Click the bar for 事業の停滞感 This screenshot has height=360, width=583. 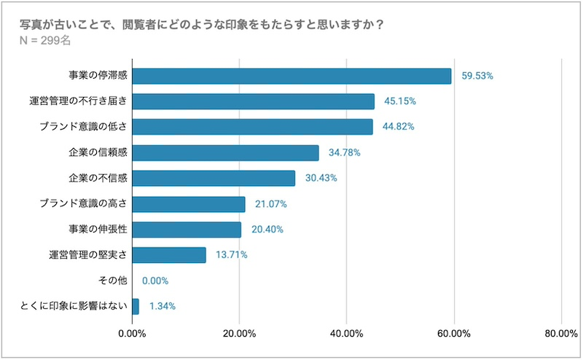pos(291,76)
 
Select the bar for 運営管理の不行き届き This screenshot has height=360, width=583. pos(253,101)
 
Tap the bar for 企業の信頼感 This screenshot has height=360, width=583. pos(225,152)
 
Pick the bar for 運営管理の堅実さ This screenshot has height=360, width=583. pos(168,254)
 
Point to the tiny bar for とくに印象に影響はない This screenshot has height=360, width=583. pos(135,306)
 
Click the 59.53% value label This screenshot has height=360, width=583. pos(479,76)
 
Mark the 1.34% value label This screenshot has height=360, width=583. pos(163,306)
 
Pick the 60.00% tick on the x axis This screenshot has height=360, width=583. pos(453,334)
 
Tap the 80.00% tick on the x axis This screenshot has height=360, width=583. pos(560,334)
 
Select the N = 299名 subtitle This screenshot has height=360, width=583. pos(46,41)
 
